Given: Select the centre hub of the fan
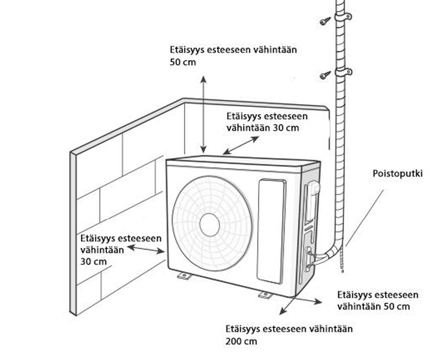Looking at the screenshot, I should pyautogui.click(x=209, y=224).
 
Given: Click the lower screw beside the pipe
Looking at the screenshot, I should pyautogui.click(x=325, y=75).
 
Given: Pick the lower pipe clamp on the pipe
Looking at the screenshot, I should pyautogui.click(x=342, y=72).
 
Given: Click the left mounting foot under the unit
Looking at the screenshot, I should pyautogui.click(x=184, y=275).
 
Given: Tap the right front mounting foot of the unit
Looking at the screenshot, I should pyautogui.click(x=265, y=295).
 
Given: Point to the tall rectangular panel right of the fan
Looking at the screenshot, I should pyautogui.click(x=272, y=229).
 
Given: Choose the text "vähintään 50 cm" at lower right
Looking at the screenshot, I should pyautogui.click(x=373, y=306).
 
